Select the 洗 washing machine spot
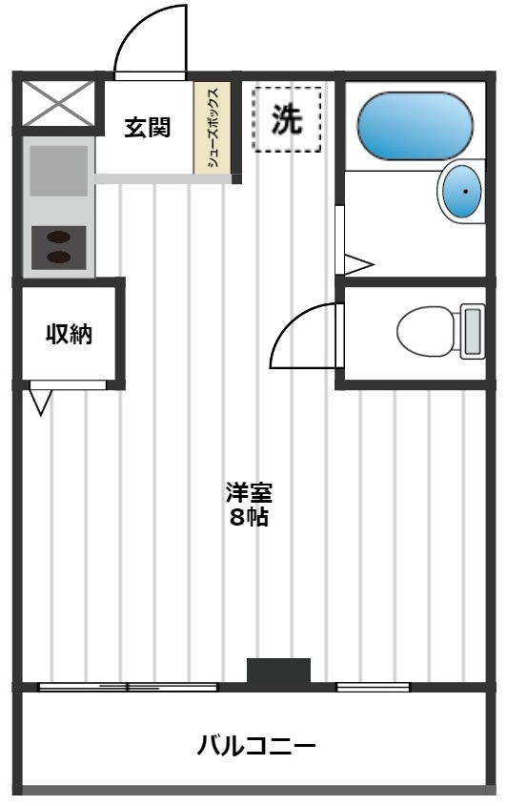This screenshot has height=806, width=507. [287, 118]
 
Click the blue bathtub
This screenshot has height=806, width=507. [415, 125]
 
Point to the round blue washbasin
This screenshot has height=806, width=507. [465, 192]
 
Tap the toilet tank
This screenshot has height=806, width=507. [472, 331]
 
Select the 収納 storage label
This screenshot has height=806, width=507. [70, 335]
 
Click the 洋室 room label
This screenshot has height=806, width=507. [249, 494]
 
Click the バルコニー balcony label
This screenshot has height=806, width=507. [256, 744]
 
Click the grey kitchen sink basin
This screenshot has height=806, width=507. [58, 171]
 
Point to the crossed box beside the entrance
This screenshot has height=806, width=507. [58, 103]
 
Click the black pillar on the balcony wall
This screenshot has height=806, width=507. [279, 671]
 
